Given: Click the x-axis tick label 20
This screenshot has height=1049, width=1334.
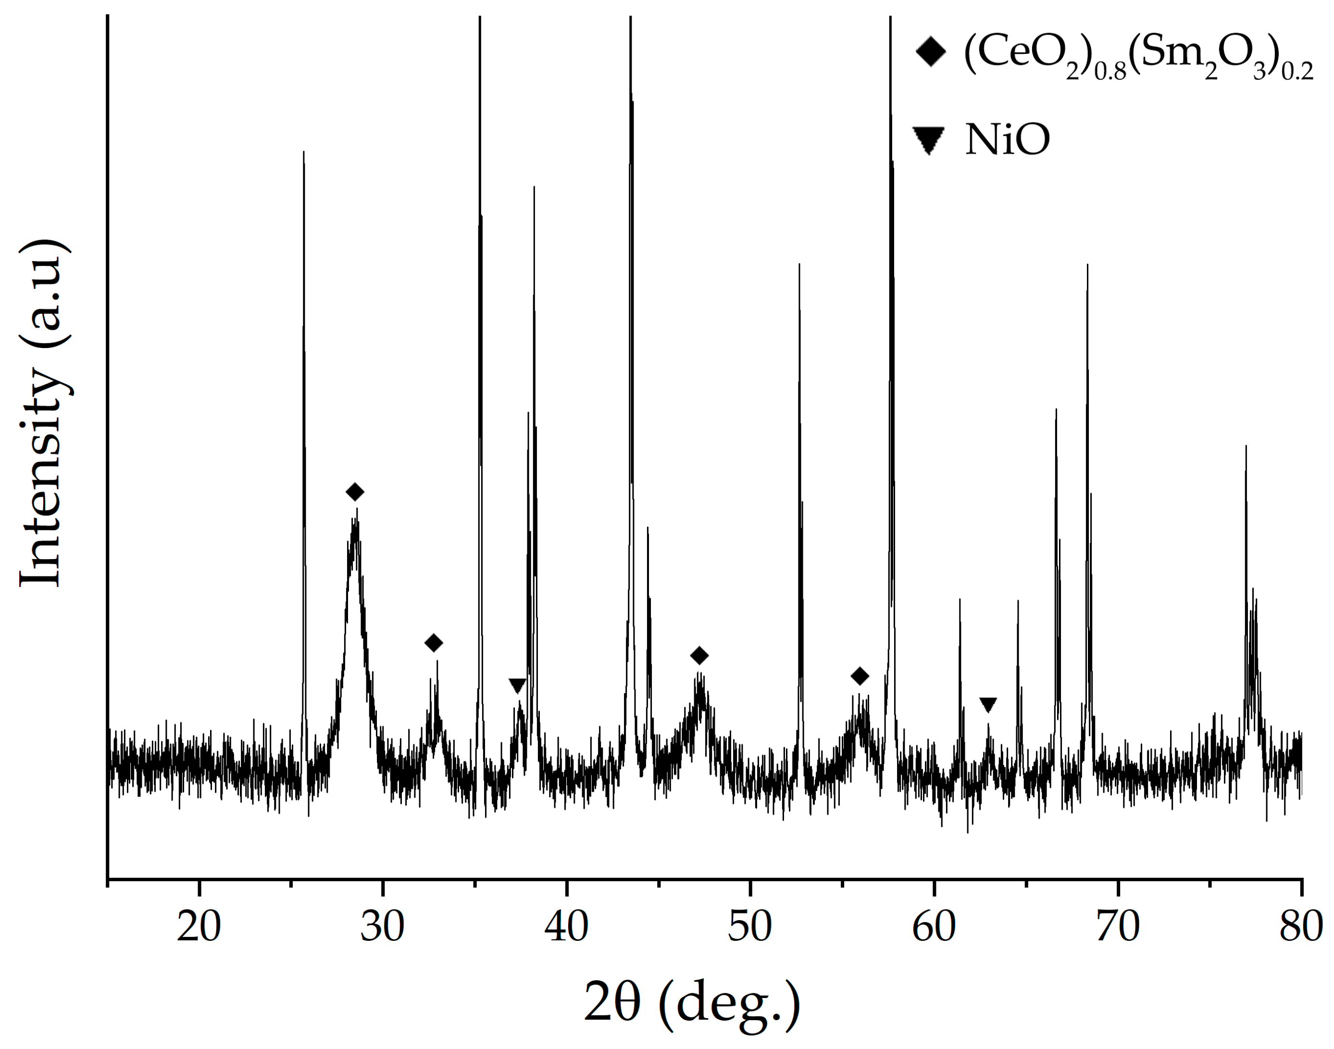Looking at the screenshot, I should point(199,927).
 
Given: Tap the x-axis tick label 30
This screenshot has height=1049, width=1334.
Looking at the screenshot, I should point(382,927).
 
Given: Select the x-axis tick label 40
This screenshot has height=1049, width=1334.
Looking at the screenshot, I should point(566,927).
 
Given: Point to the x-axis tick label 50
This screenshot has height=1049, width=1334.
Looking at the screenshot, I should point(750,927).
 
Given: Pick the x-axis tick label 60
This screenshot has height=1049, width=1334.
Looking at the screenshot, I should point(934,927).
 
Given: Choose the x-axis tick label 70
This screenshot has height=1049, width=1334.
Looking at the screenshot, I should point(1118,927).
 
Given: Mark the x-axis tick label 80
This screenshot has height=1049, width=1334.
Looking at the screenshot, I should point(1301,927).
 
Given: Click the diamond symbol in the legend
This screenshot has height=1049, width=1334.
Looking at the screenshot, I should point(931,53).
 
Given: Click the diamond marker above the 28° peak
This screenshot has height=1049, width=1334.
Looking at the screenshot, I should point(355,491).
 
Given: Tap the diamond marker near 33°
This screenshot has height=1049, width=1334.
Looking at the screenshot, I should point(434,643).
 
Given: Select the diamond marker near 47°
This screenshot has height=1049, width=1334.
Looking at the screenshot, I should point(699,656).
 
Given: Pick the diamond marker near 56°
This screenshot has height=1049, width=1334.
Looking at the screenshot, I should point(860,676).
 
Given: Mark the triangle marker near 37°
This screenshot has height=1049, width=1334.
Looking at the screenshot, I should point(517,686).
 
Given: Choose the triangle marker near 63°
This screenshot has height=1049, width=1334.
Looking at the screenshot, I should point(987,704).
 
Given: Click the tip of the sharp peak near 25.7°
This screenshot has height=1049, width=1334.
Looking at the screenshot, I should point(304,152).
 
